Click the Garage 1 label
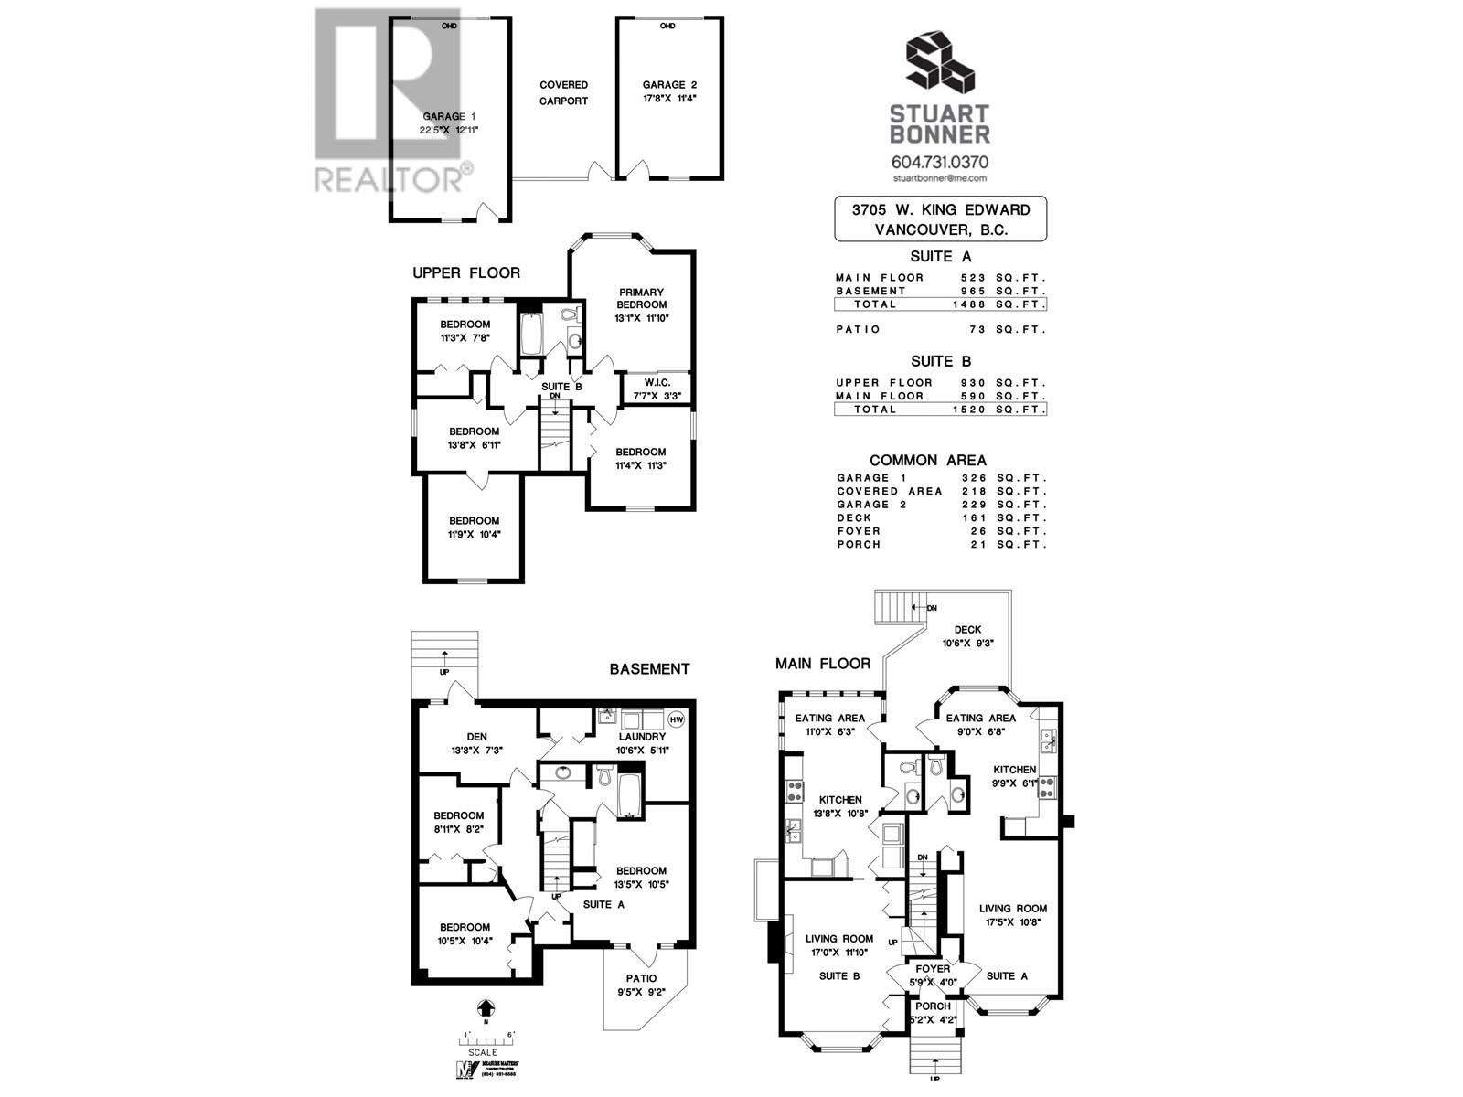click(448, 116)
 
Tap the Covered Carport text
click(563, 92)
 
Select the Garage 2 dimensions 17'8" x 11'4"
click(669, 99)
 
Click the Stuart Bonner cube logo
click(940, 64)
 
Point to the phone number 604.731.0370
click(940, 162)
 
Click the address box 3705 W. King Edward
click(941, 219)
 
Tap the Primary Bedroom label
click(641, 299)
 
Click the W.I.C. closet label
click(657, 382)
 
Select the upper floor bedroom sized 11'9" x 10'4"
click(474, 527)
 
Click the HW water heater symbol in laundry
click(677, 719)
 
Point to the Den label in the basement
click(476, 736)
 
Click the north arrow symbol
click(486, 1007)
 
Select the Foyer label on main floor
click(933, 969)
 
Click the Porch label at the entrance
click(933, 1006)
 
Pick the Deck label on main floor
click(967, 629)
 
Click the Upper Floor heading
click(465, 272)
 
